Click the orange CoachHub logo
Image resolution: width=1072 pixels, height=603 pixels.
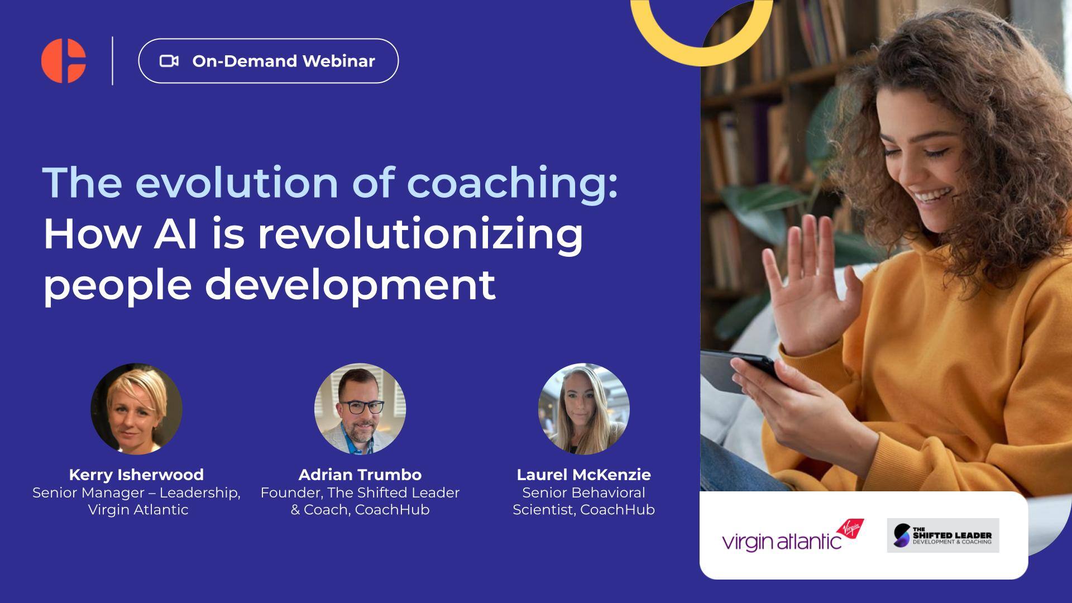point(63,61)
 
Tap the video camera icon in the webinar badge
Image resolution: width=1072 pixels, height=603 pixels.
point(169,61)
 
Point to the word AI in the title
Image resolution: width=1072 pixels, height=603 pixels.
point(175,234)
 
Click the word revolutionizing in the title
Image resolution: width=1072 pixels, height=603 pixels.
point(420,234)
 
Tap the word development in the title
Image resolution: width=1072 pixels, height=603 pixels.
point(350,284)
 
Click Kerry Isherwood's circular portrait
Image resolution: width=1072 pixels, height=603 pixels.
point(137,409)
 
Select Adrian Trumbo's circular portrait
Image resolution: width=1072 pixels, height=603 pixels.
point(360,409)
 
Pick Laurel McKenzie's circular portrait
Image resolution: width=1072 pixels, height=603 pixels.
point(583,409)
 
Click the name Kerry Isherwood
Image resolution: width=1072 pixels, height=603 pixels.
point(136,475)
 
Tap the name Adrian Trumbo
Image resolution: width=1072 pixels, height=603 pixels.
point(360,475)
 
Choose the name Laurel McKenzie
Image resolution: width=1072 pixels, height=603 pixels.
point(583,475)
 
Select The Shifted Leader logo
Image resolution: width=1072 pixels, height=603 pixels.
point(942,535)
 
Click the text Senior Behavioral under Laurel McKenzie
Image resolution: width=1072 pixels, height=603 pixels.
point(583,492)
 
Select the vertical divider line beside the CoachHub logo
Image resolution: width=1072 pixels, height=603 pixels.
point(113,61)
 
